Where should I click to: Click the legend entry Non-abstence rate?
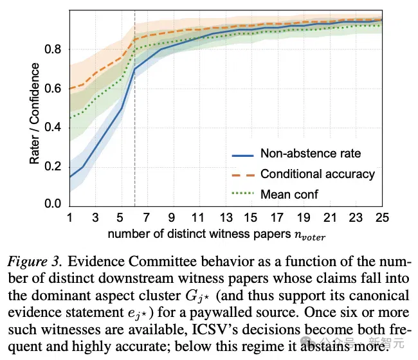point(311,154)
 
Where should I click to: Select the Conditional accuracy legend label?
point(318,174)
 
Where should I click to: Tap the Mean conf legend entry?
point(289,194)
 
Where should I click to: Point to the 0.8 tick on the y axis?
point(53,50)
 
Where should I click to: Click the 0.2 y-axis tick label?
point(53,166)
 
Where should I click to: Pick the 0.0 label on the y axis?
point(53,203)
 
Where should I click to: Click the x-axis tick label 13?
point(226,218)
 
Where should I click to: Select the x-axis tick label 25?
point(382,218)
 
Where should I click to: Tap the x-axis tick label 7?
point(146,218)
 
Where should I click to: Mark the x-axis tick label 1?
point(70,218)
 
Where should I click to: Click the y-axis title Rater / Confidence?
point(34,113)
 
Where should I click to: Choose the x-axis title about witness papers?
point(217,235)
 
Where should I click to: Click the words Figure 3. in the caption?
point(35,262)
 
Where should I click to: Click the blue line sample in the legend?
point(242,156)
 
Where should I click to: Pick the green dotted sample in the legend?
point(242,194)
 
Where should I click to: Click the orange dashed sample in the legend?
point(242,175)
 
